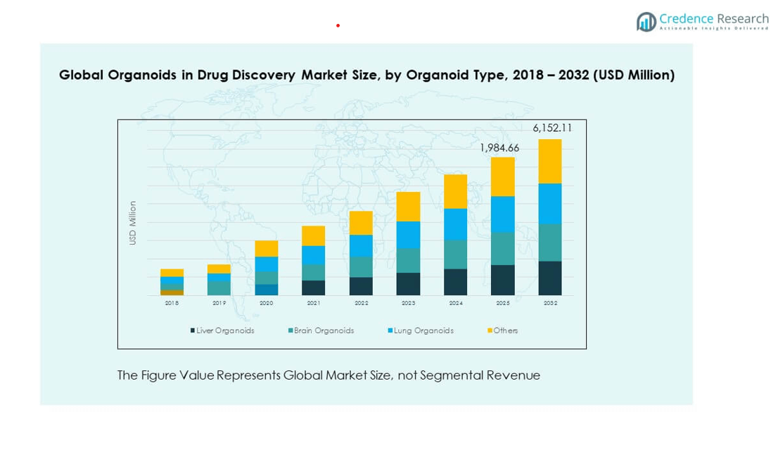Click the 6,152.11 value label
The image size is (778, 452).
click(552, 128)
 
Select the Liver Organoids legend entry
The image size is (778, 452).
click(222, 330)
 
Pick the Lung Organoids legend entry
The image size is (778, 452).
click(420, 330)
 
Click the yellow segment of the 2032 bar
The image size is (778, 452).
click(550, 161)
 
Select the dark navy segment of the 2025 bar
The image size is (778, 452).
click(503, 280)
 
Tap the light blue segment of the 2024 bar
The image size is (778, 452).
click(455, 224)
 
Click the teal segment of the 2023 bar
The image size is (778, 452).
click(408, 260)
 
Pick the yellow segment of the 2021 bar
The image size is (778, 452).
click(313, 235)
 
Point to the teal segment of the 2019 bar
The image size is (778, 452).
click(219, 288)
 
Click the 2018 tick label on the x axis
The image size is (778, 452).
click(172, 303)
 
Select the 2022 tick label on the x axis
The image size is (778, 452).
click(361, 303)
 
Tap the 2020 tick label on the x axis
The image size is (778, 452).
click(267, 303)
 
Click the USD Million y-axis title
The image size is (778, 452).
click(132, 223)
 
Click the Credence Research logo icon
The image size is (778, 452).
click(646, 22)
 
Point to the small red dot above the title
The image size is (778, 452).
click(338, 25)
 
